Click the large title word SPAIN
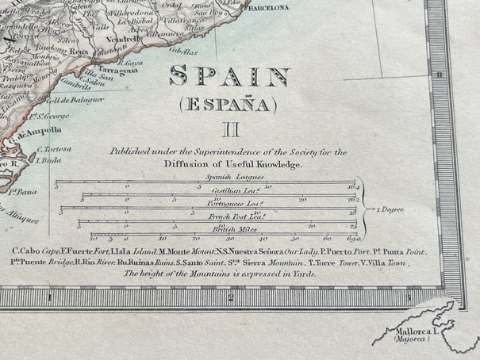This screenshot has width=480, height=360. pyautogui.click(x=229, y=78)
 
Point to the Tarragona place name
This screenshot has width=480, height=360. pyautogui.click(x=116, y=69)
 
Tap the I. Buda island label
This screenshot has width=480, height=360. pyautogui.click(x=49, y=159)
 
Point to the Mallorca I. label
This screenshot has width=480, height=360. pyautogui.click(x=412, y=334)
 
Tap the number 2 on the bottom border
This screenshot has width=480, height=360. pyautogui.click(x=229, y=298)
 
